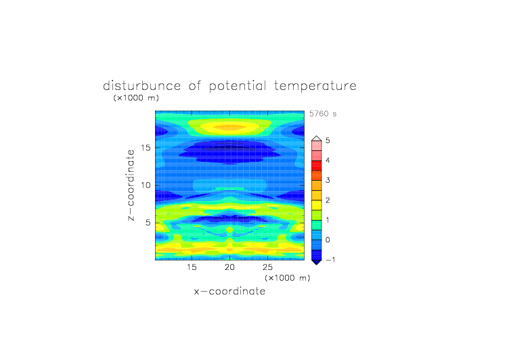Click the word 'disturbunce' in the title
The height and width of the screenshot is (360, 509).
coord(142,86)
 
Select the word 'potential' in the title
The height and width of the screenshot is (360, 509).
coord(238,87)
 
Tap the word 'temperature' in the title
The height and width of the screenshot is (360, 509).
coord(315,87)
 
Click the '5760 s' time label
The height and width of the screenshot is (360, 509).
coord(323,114)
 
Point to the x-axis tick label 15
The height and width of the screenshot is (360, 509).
coord(192,267)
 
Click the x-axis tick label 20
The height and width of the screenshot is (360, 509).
coord(229,267)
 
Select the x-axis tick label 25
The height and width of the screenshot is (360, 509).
coord(267,267)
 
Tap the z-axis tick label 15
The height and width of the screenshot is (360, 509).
coord(146,148)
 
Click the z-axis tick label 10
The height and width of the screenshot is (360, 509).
coord(146,185)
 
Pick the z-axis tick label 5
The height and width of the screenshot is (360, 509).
coord(148,223)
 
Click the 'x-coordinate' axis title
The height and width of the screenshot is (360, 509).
coord(229,291)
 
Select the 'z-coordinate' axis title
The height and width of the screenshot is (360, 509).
coord(131,185)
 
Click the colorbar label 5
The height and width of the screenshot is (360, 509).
coord(328,141)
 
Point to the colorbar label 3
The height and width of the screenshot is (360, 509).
coord(328,180)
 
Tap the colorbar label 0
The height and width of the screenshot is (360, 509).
coord(328,240)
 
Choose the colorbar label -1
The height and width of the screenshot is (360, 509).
coord(330,260)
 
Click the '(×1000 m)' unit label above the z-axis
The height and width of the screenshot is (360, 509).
coord(136,98)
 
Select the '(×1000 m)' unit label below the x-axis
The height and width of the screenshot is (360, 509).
coord(288,278)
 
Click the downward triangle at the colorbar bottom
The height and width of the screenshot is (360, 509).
coord(317,262)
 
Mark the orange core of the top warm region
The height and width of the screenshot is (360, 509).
coord(230,128)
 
